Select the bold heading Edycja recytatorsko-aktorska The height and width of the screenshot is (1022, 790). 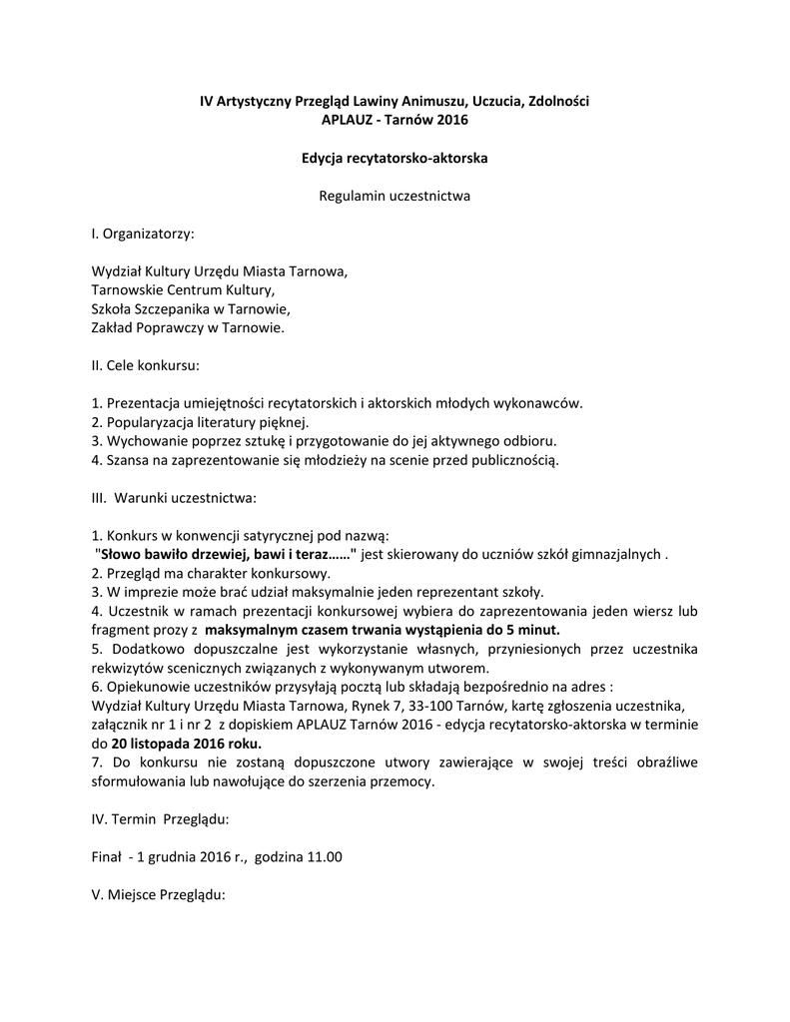click(395, 158)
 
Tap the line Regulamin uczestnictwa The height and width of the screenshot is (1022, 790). click(395, 196)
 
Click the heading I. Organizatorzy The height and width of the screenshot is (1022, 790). click(143, 234)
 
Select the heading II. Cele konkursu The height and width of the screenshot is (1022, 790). click(146, 365)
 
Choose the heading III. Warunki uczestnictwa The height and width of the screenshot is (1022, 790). click(174, 496)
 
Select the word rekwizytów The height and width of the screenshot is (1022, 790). click(125, 667)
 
